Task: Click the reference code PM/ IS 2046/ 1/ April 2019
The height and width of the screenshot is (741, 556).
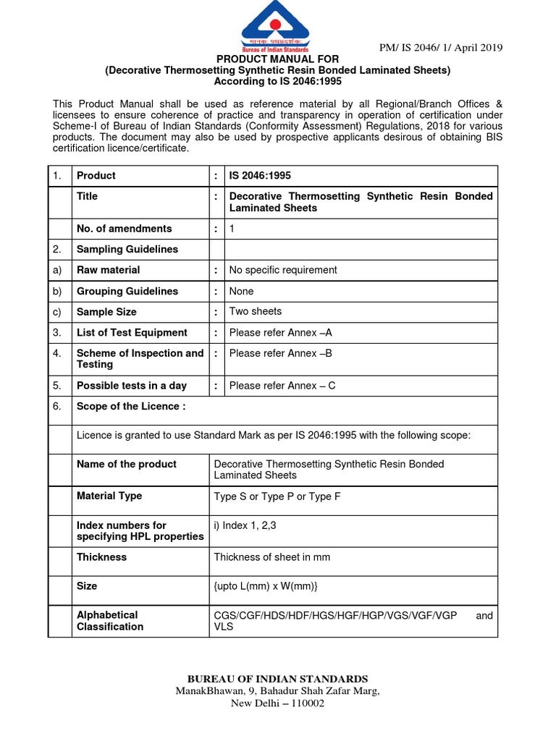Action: (x=441, y=48)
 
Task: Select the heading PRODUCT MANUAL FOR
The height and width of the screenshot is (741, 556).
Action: (x=278, y=59)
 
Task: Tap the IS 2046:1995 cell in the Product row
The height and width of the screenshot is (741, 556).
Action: (x=260, y=176)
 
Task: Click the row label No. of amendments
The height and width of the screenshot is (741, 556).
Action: (x=124, y=229)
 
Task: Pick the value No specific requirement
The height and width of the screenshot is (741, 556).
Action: (x=283, y=270)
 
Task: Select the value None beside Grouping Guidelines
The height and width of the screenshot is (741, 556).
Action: (x=241, y=291)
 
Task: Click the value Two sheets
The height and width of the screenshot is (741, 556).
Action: (x=256, y=311)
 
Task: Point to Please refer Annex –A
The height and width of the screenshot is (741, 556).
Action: (x=280, y=333)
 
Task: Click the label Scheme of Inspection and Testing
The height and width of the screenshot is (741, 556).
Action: (x=140, y=359)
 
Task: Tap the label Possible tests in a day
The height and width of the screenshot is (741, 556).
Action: (x=131, y=386)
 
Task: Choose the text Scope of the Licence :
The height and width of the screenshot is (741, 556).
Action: (x=131, y=407)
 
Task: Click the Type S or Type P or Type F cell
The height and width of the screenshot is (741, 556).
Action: (x=277, y=496)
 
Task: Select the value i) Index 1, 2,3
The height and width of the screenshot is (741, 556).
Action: (x=251, y=525)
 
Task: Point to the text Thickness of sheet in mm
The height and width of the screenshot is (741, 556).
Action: (x=272, y=557)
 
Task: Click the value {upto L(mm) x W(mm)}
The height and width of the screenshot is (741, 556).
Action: (x=266, y=586)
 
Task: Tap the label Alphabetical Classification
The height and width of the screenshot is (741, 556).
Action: (x=110, y=621)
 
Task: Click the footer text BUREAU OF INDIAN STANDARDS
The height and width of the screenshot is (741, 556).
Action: (x=278, y=679)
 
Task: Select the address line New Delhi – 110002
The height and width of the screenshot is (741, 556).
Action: (x=278, y=703)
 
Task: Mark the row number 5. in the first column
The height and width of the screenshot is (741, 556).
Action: (x=57, y=386)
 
